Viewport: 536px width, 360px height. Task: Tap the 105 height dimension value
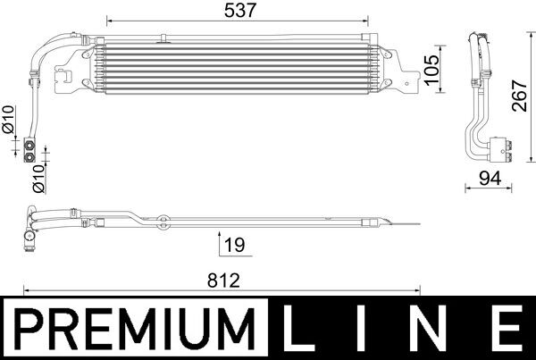433,68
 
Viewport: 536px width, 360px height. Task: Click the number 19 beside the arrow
235,242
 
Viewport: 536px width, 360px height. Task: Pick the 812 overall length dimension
222,280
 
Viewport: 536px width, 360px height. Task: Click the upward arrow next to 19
219,242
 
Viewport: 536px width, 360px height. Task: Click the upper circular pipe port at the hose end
33,142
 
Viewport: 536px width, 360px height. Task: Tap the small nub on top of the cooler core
164,38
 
